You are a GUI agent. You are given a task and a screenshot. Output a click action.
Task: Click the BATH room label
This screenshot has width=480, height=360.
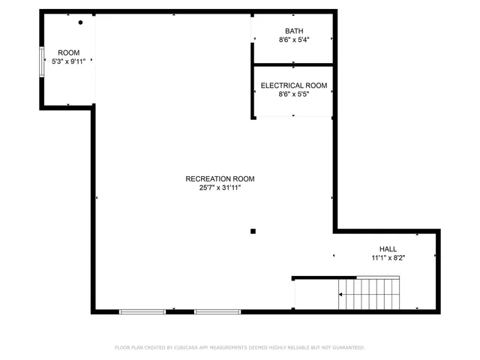[x=294, y=31]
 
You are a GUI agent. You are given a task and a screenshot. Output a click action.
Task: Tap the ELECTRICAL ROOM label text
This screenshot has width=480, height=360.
[x=294, y=85]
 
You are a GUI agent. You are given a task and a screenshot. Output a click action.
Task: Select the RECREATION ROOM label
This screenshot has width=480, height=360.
[x=220, y=178]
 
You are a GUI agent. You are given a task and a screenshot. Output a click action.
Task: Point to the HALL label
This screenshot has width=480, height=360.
[x=388, y=249]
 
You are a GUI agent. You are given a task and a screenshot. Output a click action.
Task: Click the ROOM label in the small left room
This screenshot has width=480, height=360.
[x=69, y=52]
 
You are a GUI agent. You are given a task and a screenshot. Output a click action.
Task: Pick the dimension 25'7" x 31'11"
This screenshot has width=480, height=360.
[x=220, y=187]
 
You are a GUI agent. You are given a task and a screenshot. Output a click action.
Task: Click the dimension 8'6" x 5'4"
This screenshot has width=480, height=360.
[x=294, y=40]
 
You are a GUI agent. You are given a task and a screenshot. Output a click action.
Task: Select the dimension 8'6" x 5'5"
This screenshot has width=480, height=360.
[x=294, y=94]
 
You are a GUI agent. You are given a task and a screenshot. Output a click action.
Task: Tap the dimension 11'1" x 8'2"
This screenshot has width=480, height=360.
[x=388, y=258]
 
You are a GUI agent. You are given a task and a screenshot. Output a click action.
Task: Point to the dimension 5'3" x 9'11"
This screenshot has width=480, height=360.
[x=69, y=61]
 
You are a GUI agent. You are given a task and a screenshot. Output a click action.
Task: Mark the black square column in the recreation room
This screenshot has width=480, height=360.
[x=253, y=231]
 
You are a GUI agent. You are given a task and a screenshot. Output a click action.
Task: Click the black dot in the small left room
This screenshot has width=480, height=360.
[x=80, y=22]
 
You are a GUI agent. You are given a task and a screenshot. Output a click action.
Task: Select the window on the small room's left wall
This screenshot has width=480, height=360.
[x=42, y=61]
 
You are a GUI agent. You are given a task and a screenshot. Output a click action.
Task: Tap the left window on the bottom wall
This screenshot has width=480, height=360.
[x=142, y=310]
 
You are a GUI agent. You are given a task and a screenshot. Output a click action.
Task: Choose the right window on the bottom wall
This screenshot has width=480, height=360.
[x=217, y=310]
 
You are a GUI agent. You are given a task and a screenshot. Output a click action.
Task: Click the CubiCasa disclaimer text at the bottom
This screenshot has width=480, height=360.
[x=240, y=347]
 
